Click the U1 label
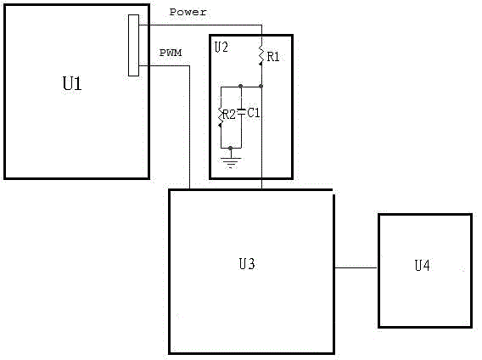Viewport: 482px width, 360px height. [x=72, y=83]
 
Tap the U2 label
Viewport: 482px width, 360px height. [x=221, y=48]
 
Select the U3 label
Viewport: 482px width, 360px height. [x=247, y=264]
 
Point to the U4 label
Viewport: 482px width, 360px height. [x=422, y=265]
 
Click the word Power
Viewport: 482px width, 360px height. [x=188, y=12]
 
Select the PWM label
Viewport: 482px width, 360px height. [x=171, y=53]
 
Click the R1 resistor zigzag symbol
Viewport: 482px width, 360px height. [x=261, y=55]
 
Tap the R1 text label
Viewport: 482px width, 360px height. [x=273, y=57]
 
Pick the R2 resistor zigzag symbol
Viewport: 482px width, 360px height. [x=221, y=117]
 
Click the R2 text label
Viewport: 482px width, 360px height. [x=229, y=115]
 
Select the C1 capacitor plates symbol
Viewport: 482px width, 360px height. [x=241, y=113]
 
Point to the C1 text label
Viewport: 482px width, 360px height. [x=254, y=113]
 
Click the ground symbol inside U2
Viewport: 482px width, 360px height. [x=231, y=162]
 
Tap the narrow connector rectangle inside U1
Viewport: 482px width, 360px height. [x=133, y=45]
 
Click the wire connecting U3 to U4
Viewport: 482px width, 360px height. [x=356, y=267]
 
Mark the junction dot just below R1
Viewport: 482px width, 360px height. [x=261, y=87]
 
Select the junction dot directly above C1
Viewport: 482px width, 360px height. [x=241, y=86]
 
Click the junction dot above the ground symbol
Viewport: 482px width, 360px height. [x=231, y=149]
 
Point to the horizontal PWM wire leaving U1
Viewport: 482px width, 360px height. [x=164, y=65]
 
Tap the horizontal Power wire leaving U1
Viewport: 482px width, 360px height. [x=200, y=25]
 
